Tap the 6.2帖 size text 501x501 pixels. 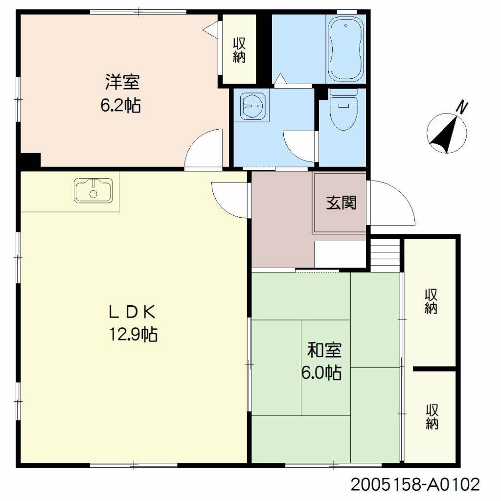121,105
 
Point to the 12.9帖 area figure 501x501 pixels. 133,334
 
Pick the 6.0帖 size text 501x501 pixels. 321,373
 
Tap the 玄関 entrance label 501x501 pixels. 341,202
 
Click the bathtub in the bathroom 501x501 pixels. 346,49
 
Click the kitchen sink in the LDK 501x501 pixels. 93,190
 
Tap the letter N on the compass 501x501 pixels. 461,107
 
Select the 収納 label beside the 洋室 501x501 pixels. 239,50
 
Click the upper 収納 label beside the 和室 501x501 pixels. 431,301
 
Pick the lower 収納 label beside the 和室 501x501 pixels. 431,416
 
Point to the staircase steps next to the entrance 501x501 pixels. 386,252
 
